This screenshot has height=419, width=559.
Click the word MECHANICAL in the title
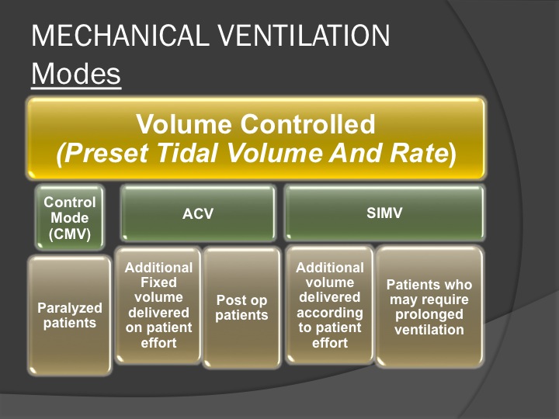tap(120, 36)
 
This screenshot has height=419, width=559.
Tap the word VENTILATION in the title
tap(304, 36)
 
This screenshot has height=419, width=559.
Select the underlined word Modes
tap(76, 74)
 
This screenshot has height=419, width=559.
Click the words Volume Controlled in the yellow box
tap(255, 124)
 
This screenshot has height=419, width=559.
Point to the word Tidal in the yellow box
tap(187, 153)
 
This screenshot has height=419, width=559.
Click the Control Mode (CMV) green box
tap(70, 217)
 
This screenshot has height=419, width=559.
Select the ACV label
tap(198, 214)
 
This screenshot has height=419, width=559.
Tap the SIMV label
tap(384, 213)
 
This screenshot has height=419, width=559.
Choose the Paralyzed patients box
tap(70, 315)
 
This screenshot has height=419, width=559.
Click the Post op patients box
tap(241, 307)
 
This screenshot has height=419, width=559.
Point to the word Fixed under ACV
tap(158, 282)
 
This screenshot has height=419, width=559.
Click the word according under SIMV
tap(330, 313)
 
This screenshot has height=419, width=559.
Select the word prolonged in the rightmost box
tap(429, 314)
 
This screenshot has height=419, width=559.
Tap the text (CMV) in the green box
tap(70, 234)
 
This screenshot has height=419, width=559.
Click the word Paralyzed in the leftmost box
tap(70, 308)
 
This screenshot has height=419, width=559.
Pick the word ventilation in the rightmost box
tap(429, 330)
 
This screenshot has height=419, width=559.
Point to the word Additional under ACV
tap(158, 268)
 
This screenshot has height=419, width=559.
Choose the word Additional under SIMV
tap(330, 268)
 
